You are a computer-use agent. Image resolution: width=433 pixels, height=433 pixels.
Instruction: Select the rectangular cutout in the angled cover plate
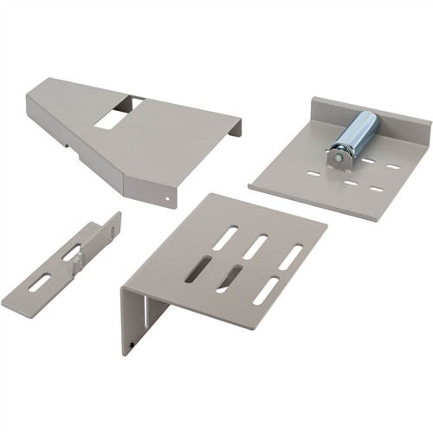click(115, 114)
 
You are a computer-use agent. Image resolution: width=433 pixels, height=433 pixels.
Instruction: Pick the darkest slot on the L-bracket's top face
click(198, 269)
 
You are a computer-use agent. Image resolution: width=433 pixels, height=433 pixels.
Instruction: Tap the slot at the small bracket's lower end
click(38, 282)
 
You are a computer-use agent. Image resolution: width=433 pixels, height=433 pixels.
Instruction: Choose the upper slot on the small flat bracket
click(72, 254)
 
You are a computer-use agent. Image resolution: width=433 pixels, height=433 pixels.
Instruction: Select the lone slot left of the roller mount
click(313, 174)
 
